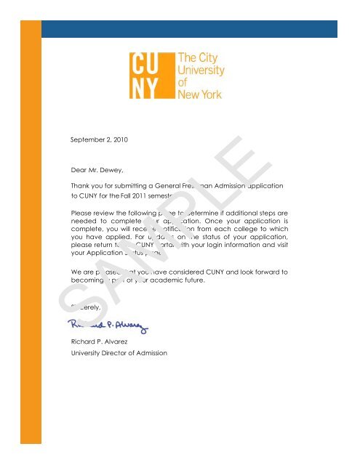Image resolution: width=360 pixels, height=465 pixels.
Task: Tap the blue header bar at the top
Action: click(x=189, y=28)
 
